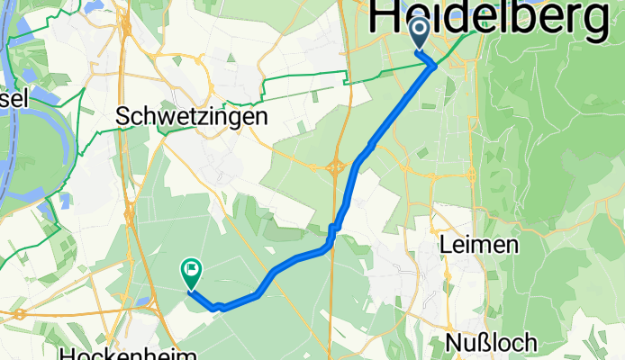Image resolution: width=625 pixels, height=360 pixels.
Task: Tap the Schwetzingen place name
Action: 192,117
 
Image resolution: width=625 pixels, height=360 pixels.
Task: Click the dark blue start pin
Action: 421,34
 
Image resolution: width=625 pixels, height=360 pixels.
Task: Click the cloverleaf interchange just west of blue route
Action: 337,166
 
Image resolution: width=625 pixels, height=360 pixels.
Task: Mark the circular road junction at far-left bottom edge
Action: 19,314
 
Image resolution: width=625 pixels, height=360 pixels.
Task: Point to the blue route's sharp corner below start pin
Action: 435,65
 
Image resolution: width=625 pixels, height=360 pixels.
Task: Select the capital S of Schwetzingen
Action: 124,117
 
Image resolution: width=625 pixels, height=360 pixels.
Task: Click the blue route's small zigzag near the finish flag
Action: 219,306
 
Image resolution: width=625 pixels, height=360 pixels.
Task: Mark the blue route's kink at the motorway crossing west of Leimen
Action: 333,231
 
